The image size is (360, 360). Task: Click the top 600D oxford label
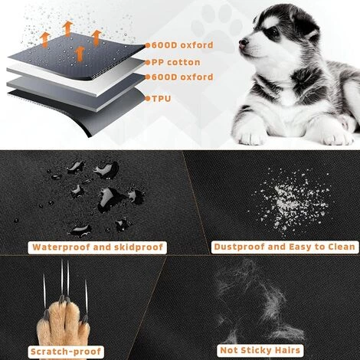pyautogui.click(x=183, y=45)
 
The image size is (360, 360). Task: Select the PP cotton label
pyautogui.click(x=177, y=62)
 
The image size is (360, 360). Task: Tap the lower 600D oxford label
pyautogui.click(x=183, y=77)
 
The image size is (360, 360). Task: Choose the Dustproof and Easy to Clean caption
pyautogui.click(x=283, y=247)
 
